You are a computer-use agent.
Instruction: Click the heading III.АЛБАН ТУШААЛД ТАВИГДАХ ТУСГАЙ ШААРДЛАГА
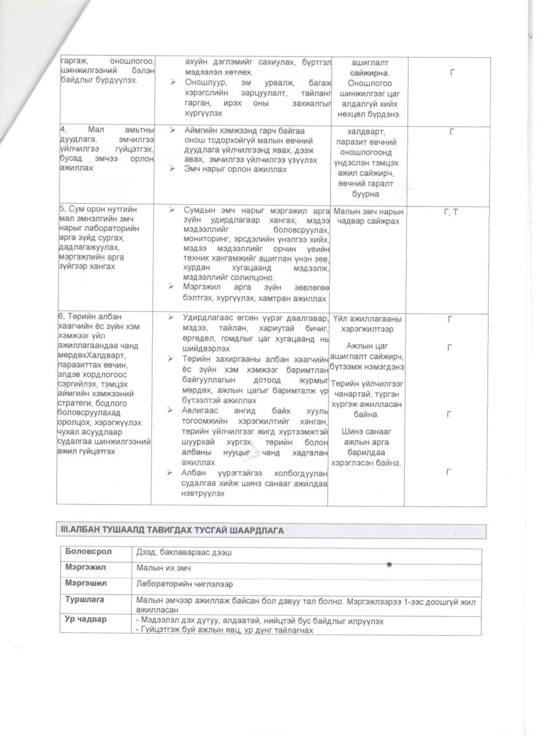pyautogui.click(x=172, y=531)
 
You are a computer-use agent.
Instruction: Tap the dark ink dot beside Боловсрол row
pyautogui.click(x=389, y=564)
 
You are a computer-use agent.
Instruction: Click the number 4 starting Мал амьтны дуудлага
pyautogui.click(x=62, y=130)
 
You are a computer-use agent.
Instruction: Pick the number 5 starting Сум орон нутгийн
pyautogui.click(x=62, y=209)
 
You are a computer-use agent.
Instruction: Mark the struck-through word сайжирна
pyautogui.click(x=369, y=73)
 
